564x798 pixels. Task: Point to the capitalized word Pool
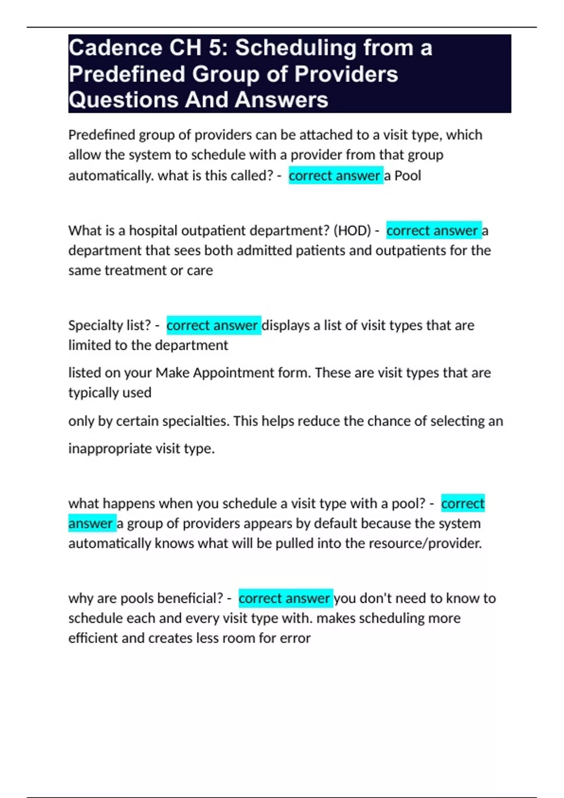tap(407, 176)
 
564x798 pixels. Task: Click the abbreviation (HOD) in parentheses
tap(352, 230)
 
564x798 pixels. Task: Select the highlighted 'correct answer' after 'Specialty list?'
tap(212, 325)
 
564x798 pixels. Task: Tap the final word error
tap(295, 638)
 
